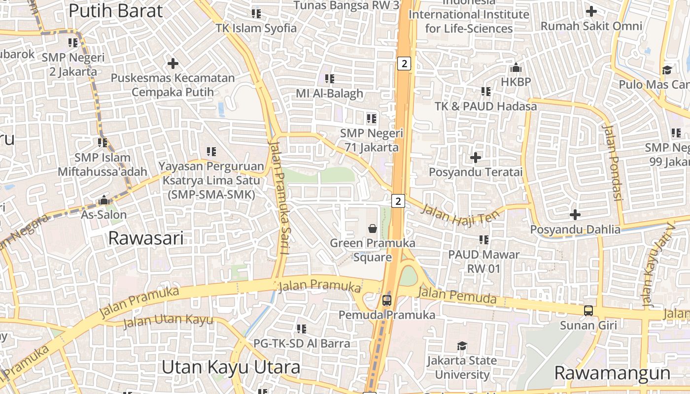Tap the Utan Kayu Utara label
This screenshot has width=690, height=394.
click(x=231, y=367)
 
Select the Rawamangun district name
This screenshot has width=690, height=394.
click(x=612, y=373)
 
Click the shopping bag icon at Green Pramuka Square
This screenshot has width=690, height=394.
click(x=373, y=228)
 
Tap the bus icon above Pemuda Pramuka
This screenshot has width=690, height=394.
click(x=387, y=300)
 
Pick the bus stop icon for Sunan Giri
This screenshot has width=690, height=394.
click(x=588, y=310)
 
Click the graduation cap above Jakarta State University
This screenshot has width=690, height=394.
click(x=462, y=346)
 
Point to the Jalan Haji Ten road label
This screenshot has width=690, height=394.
click(x=460, y=215)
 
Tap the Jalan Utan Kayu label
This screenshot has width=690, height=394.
click(x=168, y=321)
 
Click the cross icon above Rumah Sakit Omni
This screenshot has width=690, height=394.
click(x=591, y=11)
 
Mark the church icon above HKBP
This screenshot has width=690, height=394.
click(x=516, y=67)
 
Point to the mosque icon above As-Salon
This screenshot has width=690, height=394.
click(x=104, y=200)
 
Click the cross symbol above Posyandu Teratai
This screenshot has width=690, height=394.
click(x=476, y=158)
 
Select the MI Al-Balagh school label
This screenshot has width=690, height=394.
click(x=329, y=93)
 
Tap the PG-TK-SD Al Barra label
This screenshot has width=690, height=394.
click(x=302, y=343)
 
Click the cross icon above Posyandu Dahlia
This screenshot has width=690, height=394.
click(x=575, y=215)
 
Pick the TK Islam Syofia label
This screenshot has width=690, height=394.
click(x=256, y=28)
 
